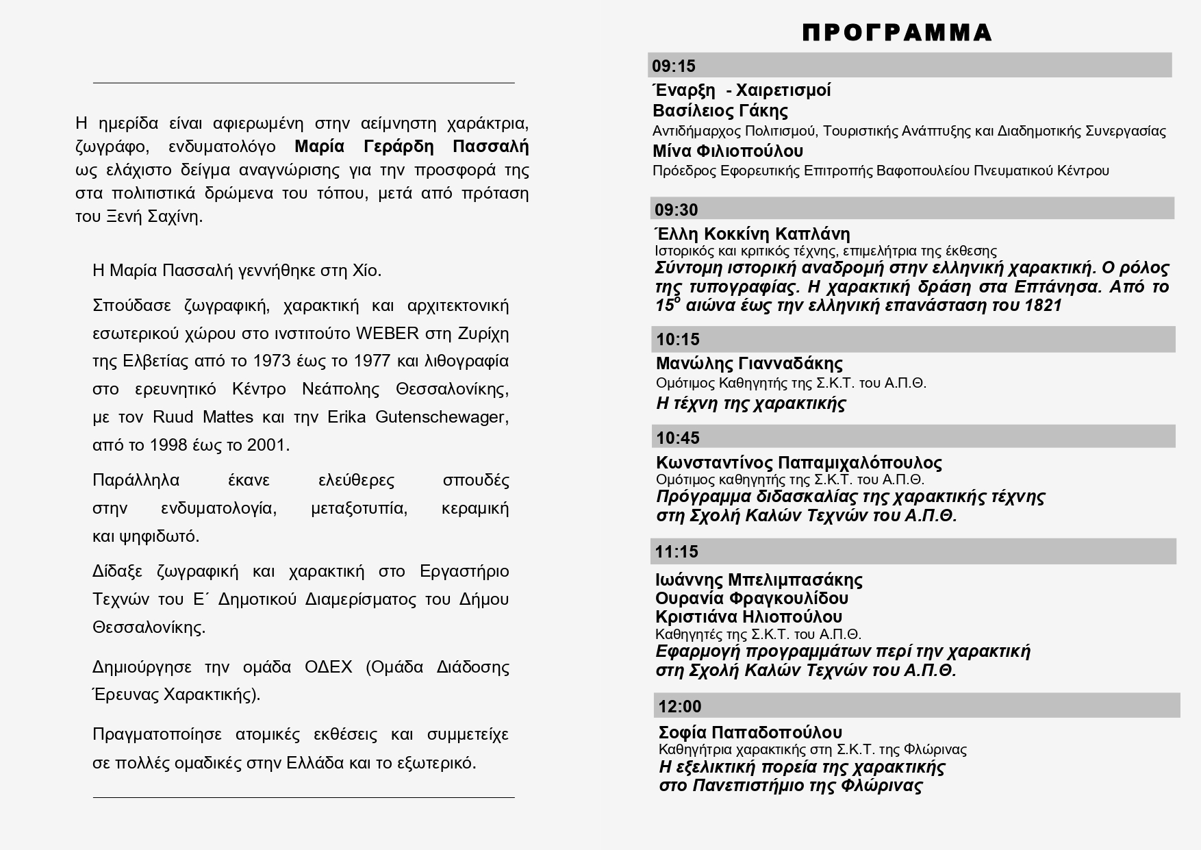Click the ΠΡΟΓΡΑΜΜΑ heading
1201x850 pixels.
pos(897,32)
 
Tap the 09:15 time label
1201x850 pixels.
pos(674,66)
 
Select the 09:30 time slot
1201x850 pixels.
pos(677,210)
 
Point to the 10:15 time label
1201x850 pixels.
pos(678,339)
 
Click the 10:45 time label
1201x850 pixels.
pos(678,438)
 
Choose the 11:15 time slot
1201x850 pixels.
pos(677,551)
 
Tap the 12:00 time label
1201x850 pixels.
pos(680,706)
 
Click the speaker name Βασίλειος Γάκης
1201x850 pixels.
pos(720,110)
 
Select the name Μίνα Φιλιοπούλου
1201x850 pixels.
pos(728,151)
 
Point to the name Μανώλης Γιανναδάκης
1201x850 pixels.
pos(749,363)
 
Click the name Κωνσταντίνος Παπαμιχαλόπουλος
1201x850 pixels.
pos(799,462)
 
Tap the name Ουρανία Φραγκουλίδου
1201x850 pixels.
pos(752,598)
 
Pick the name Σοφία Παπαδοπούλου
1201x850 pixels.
pos(750,732)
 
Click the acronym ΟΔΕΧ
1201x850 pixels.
pos(329,667)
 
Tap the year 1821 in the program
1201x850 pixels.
pos(1044,305)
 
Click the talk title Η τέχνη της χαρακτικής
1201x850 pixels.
pos(751,403)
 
